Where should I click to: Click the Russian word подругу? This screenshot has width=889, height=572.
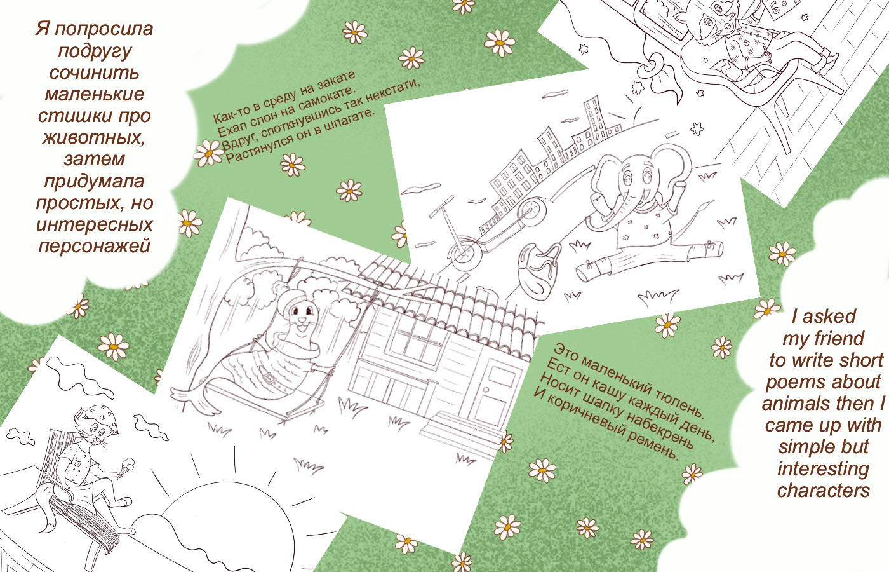pos(95,51)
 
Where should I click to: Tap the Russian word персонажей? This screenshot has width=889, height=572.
pos(95,247)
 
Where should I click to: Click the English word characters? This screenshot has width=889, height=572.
pos(823,491)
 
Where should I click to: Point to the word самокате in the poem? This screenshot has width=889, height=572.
pos(324,99)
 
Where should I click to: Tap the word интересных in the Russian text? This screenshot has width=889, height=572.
pos(95,225)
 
